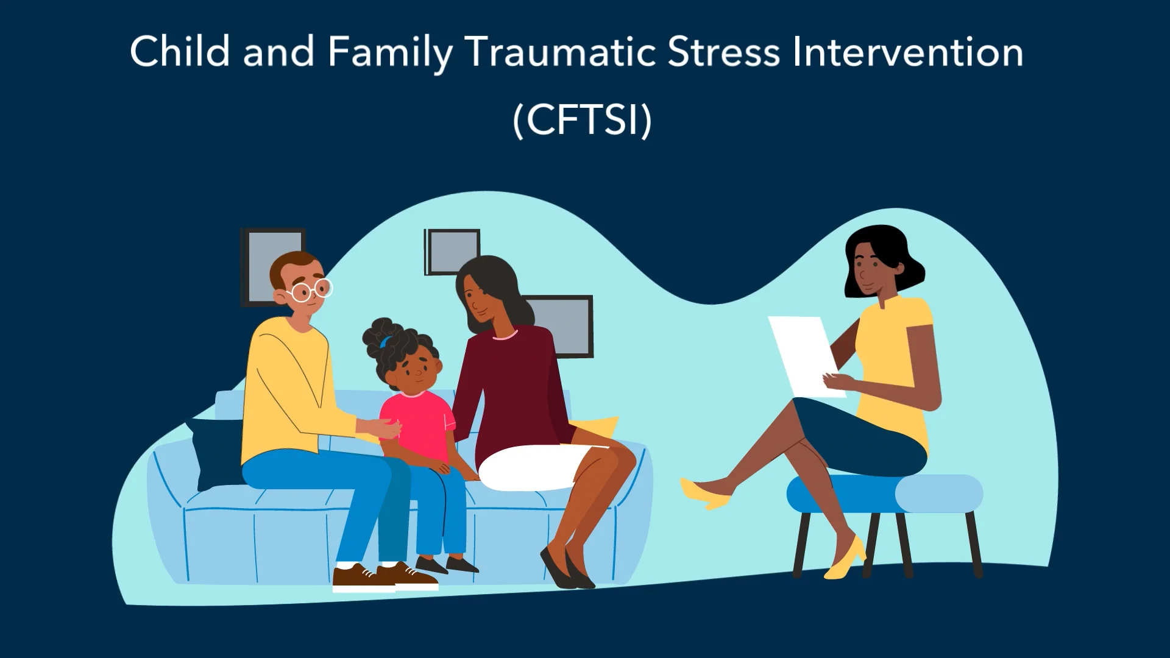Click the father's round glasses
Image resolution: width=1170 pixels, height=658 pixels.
point(311,291)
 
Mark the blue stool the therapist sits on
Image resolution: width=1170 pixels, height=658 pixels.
point(884,493)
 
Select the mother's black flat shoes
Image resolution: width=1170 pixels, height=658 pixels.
point(567,570)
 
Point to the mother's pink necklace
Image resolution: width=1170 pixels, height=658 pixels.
point(505,336)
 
